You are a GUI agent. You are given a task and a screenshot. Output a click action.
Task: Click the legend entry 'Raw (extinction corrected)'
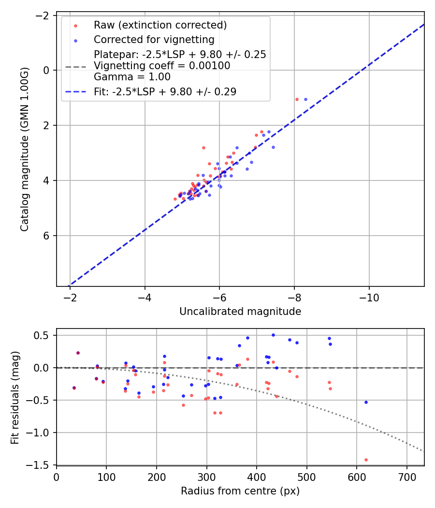[x=160, y=25]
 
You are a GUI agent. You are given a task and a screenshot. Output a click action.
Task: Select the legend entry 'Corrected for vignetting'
[x=154, y=39]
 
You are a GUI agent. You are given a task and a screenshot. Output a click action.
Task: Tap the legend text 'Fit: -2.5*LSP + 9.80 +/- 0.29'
[x=165, y=91]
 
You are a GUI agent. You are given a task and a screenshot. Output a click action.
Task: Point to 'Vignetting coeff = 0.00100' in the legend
[x=162, y=65]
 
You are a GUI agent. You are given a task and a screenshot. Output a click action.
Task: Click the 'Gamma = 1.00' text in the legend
[x=132, y=76]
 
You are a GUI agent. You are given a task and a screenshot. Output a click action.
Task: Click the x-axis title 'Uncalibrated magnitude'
[x=240, y=312]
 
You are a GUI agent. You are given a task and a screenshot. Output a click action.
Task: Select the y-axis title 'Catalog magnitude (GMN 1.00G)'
[x=25, y=149]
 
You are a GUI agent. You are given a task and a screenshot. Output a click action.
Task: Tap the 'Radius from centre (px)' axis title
[x=240, y=491]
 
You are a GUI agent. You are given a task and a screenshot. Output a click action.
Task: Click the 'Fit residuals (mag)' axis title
[x=15, y=397]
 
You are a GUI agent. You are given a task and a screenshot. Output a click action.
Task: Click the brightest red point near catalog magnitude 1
[x=297, y=99]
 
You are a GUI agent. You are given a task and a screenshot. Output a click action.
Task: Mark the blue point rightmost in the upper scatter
[x=305, y=99]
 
